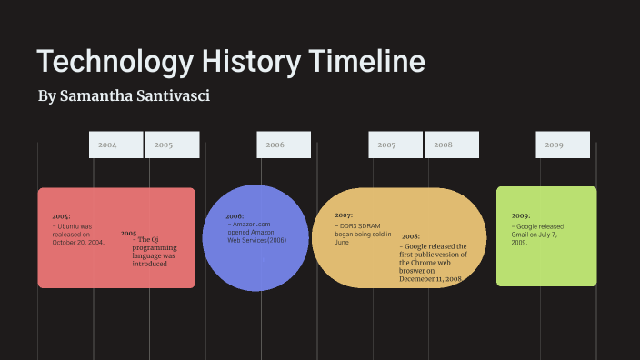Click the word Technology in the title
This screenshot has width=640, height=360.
click(x=114, y=62)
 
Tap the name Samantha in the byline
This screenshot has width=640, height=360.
click(x=95, y=95)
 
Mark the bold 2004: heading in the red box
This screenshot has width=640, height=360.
click(x=61, y=216)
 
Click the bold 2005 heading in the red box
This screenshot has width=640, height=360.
click(x=128, y=233)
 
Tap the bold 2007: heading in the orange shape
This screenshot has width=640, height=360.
click(x=344, y=215)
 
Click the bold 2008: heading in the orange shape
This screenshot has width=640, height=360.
click(x=411, y=236)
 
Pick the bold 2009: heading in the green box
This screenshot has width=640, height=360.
click(x=521, y=215)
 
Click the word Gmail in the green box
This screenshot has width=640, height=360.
click(x=520, y=235)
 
